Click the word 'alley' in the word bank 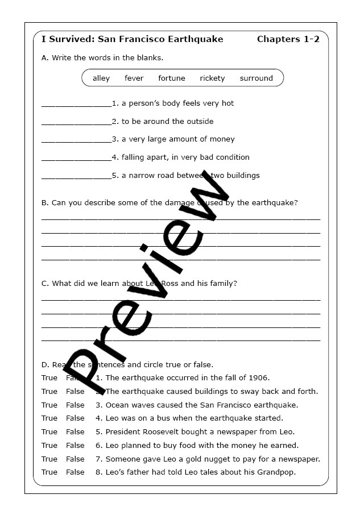pos(101,78)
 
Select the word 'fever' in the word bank pos(134,78)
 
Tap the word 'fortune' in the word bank pos(172,78)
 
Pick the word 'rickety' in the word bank pos(212,78)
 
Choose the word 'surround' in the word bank pos(256,78)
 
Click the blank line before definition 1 pos(76,106)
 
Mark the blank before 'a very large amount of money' pos(76,142)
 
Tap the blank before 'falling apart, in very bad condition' pos(76,160)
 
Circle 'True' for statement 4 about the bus pos(49,418)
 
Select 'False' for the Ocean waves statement pos(75,405)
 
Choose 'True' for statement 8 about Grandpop pos(49,472)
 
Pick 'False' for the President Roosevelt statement pos(75,432)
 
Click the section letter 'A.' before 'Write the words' pos(45,58)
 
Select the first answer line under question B pos(181,219)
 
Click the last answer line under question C pos(181,340)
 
